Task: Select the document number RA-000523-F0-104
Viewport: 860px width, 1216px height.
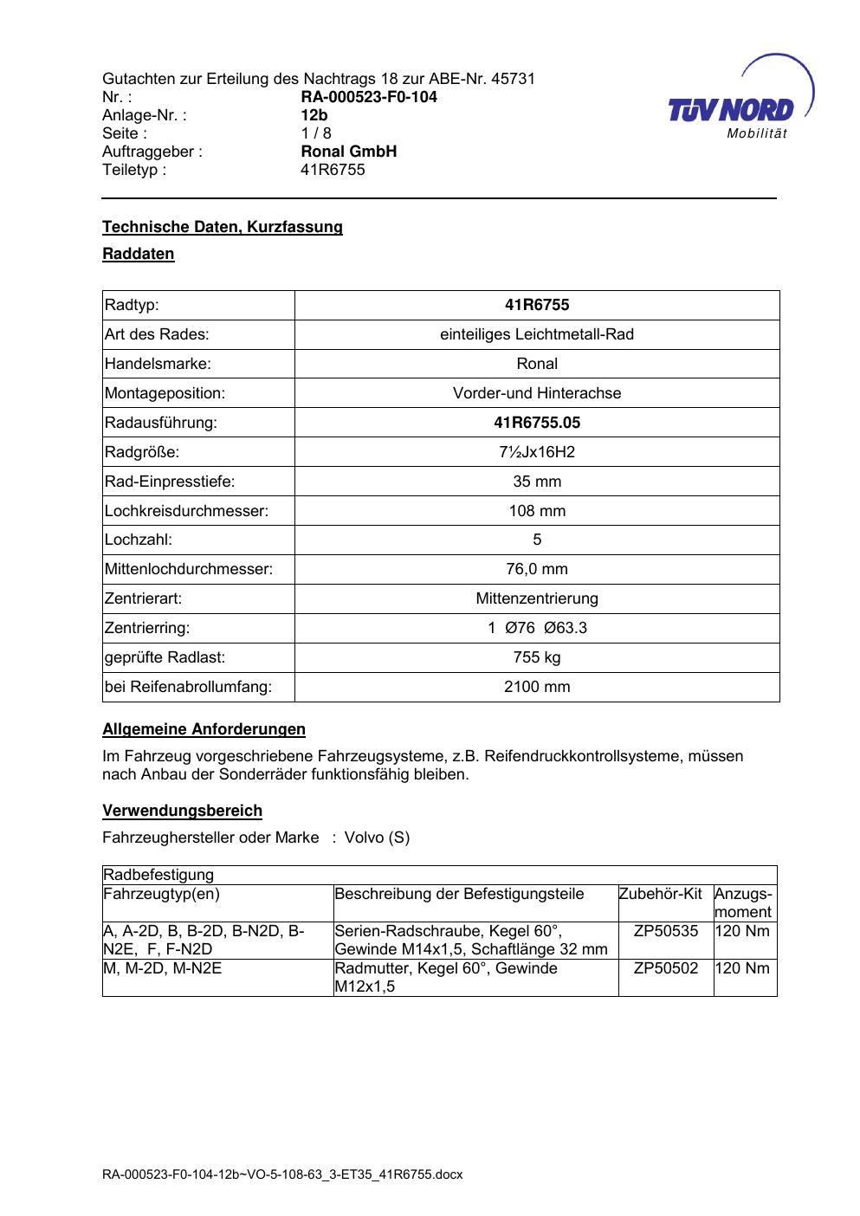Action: coord(368,97)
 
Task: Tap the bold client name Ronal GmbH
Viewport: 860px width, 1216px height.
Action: coord(348,152)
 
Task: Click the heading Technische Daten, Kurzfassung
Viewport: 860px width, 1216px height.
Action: coord(223,227)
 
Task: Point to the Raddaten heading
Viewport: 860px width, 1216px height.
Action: coord(139,254)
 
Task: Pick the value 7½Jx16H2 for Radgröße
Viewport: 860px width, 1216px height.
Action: coord(537,452)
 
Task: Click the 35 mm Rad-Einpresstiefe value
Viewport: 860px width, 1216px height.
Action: coord(537,482)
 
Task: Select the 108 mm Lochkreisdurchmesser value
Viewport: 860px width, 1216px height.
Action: coord(537,511)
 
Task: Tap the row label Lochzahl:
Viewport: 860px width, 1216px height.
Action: coord(139,540)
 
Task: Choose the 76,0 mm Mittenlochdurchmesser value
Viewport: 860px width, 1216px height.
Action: coord(537,570)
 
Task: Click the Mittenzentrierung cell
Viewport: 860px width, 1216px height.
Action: coord(537,598)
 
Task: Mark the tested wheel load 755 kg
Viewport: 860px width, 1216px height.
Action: coord(537,657)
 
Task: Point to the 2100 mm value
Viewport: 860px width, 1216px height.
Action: coord(537,687)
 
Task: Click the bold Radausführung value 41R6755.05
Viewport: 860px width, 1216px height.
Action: coord(537,423)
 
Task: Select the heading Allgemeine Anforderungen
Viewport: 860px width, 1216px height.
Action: coord(204,729)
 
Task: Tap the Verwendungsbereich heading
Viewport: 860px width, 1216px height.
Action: coord(182,812)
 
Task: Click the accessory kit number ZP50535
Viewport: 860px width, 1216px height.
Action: coord(665,931)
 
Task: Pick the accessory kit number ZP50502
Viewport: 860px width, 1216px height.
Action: coord(665,968)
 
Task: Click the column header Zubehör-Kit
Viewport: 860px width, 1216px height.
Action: coord(660,894)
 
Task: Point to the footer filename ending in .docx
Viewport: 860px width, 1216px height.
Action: coord(282,1175)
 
